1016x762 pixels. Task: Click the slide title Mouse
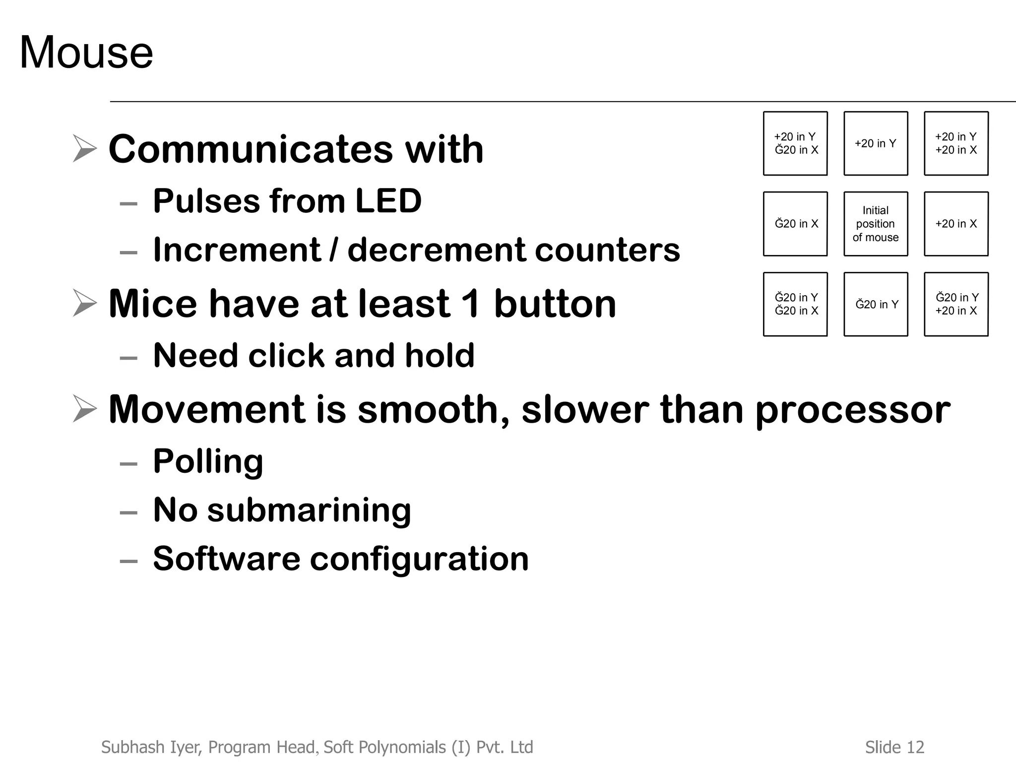coord(86,53)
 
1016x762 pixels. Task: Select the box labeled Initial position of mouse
coord(876,224)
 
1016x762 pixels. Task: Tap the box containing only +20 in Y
coord(876,143)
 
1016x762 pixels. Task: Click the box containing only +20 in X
coord(956,224)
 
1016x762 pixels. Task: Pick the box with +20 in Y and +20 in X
coord(956,143)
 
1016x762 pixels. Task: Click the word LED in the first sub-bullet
coord(388,201)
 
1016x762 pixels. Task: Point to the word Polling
coord(208,461)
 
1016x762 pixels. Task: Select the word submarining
coord(309,510)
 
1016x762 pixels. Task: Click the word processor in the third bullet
coord(853,410)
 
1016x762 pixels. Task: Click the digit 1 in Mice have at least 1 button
coord(471,304)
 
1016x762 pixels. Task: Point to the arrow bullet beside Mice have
coord(84,303)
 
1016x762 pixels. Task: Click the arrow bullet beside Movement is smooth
coord(84,408)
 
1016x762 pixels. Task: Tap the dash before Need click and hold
coord(128,357)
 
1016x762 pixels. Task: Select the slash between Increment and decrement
coord(334,250)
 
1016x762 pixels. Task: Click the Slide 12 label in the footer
coord(894,747)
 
